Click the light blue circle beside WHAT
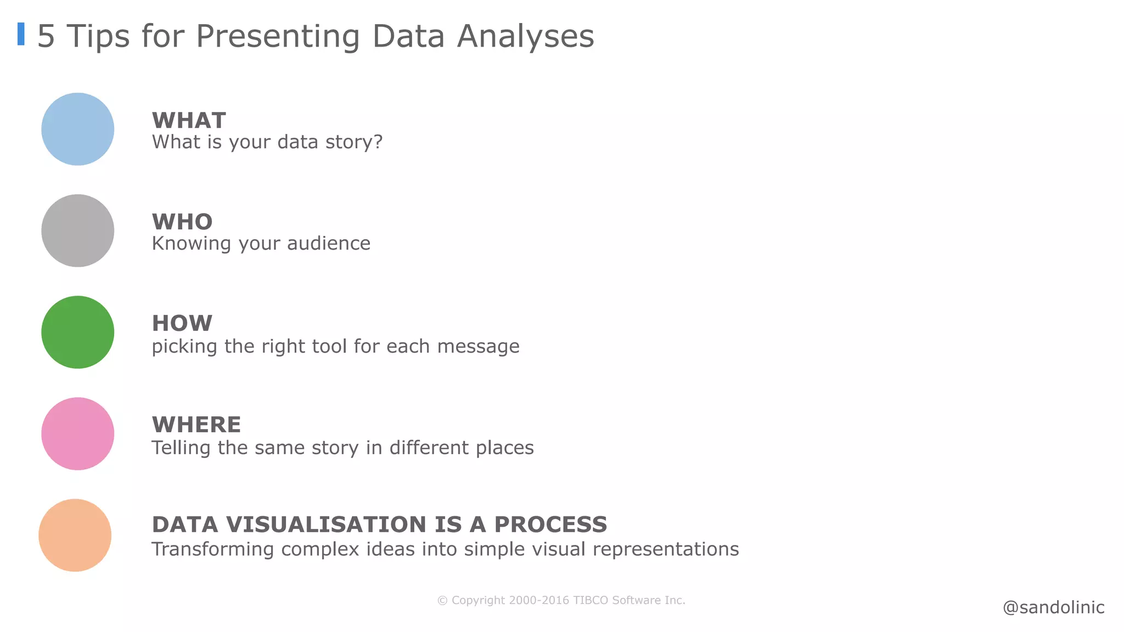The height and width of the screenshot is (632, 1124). tap(77, 129)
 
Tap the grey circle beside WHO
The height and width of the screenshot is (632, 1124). tap(77, 230)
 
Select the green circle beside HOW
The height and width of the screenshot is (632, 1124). tap(77, 332)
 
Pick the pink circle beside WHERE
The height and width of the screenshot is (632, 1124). tap(77, 433)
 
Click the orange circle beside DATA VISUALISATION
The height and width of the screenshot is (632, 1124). tap(75, 535)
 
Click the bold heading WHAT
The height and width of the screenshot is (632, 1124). tap(189, 120)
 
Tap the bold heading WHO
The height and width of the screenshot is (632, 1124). tap(182, 222)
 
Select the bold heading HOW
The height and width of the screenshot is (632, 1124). tap(182, 323)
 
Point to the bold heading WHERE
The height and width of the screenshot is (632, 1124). tap(196, 425)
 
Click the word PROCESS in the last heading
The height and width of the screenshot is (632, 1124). tap(550, 524)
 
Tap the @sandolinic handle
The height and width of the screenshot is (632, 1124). tap(1053, 607)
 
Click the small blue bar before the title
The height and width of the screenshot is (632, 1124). tap(21, 34)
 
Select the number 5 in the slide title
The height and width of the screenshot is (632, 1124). tap(46, 36)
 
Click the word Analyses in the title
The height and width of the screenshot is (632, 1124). tap(525, 36)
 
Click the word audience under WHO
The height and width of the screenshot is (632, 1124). tap(328, 243)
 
